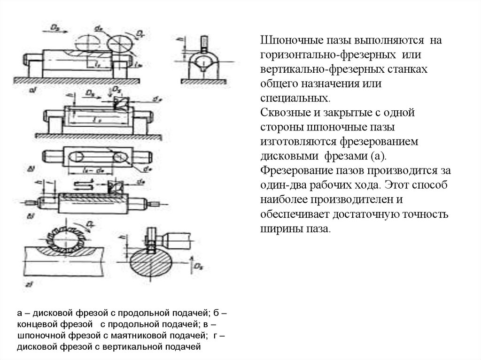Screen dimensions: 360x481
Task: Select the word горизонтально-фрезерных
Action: tap(310, 55)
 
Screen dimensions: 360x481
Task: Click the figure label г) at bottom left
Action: tap(30, 284)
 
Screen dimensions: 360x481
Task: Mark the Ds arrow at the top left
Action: tap(58, 28)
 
